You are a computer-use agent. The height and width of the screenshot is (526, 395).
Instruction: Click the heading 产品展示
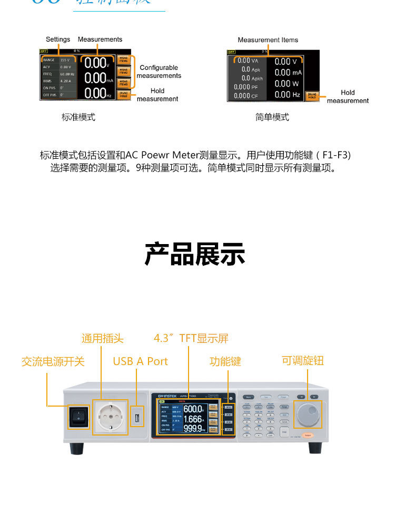point(195,255)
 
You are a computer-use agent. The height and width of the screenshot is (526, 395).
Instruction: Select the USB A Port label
point(140,361)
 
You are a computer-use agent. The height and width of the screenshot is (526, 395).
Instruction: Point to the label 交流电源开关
point(53,361)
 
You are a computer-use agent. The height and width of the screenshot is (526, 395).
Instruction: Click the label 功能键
point(225,361)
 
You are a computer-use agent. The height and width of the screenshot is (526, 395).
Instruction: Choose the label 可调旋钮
point(302,360)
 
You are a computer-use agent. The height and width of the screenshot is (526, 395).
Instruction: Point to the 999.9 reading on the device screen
point(194,429)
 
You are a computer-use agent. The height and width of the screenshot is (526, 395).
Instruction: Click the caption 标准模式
point(78,117)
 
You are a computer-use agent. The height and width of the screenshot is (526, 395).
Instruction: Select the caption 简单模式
point(272,117)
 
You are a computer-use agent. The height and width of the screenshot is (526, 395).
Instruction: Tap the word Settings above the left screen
point(58,39)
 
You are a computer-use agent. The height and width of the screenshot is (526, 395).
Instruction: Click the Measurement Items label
point(268,40)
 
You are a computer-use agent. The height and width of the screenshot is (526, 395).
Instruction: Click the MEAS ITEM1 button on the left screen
point(123,60)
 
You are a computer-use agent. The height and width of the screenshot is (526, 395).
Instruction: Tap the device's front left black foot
point(77,448)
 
